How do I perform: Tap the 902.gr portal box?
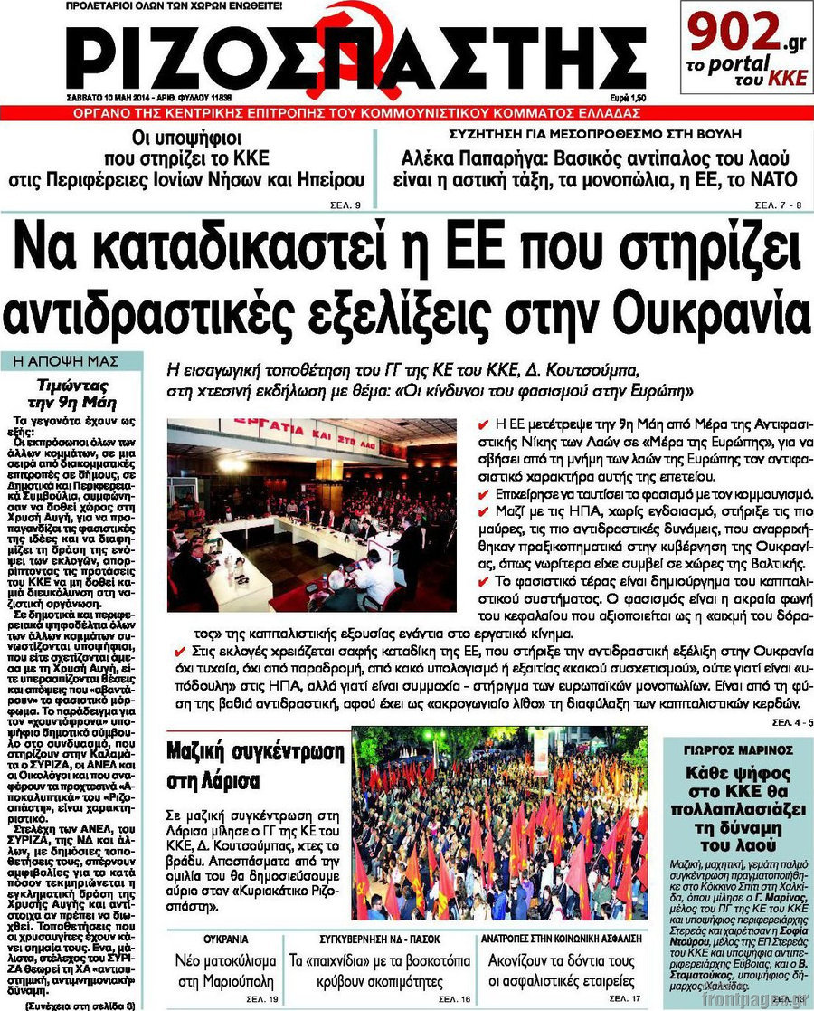click(x=743, y=47)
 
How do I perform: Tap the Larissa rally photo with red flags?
click(x=499, y=824)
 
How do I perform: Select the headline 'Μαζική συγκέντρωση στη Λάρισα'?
click(x=255, y=764)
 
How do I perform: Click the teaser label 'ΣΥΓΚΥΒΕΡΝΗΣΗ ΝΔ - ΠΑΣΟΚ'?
click(x=374, y=939)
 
